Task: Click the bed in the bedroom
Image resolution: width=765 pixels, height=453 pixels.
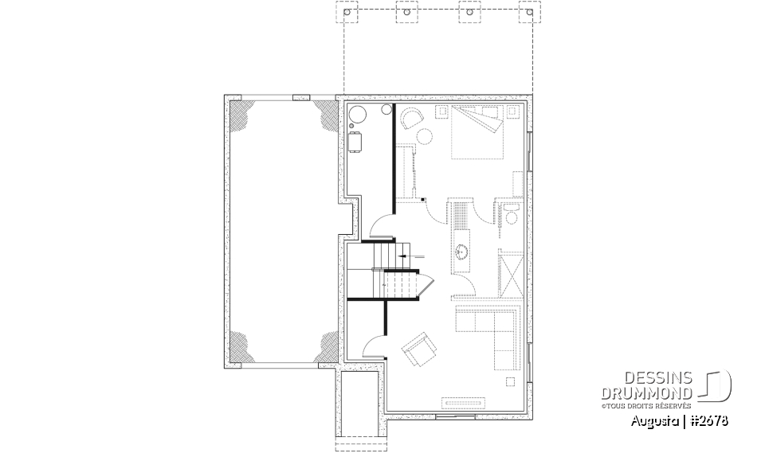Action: tap(477, 134)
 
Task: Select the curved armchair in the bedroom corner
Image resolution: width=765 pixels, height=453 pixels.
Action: tap(412, 119)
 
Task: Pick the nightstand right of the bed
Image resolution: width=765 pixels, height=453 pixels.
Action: tap(511, 112)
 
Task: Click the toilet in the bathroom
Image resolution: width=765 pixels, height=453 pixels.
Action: tap(511, 211)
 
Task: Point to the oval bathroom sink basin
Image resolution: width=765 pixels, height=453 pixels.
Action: tap(462, 254)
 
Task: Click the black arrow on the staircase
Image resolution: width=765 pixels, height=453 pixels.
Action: tap(406, 256)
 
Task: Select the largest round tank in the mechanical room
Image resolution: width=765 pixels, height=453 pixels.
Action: tap(356, 113)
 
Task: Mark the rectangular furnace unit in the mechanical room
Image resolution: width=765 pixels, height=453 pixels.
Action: tap(355, 142)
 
